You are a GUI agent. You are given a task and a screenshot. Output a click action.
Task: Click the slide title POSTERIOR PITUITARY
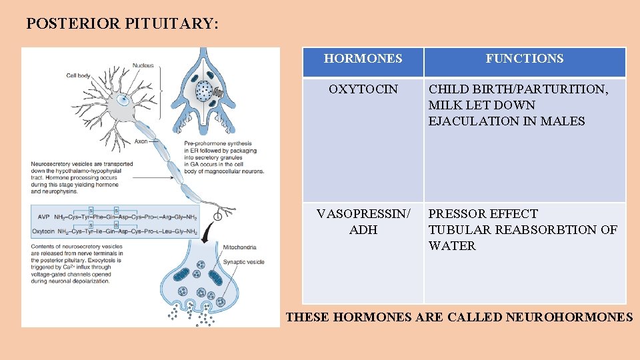click(x=121, y=24)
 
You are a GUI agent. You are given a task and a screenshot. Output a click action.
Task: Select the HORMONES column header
click(x=363, y=59)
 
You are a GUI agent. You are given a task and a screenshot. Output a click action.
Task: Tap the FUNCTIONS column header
click(x=525, y=59)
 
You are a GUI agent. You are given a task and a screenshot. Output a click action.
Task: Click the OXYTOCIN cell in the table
click(x=363, y=89)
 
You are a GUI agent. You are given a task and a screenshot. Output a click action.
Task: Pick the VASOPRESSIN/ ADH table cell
click(x=363, y=221)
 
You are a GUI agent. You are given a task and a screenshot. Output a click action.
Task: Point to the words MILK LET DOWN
click(x=481, y=105)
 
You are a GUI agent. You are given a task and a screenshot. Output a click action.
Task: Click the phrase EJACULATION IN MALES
click(x=507, y=121)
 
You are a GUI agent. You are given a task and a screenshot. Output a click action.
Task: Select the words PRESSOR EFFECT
click(x=483, y=214)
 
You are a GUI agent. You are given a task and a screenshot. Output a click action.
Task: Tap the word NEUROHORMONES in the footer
click(x=569, y=317)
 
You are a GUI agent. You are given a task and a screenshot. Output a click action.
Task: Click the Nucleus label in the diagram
click(x=143, y=65)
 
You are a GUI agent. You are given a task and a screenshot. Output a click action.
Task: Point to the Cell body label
click(x=78, y=75)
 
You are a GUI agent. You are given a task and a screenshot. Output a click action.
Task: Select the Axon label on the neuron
click(x=141, y=141)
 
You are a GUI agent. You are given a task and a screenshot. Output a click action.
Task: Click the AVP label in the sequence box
click(x=43, y=217)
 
